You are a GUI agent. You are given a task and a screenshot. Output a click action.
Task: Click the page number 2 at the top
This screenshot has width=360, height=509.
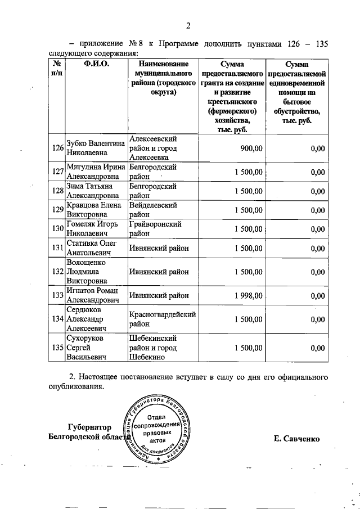tap(189, 25)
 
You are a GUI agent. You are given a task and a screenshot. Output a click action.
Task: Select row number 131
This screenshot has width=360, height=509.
tap(57, 247)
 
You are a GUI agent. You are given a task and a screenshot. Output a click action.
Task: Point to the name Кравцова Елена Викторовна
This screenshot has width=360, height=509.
tap(94, 210)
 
